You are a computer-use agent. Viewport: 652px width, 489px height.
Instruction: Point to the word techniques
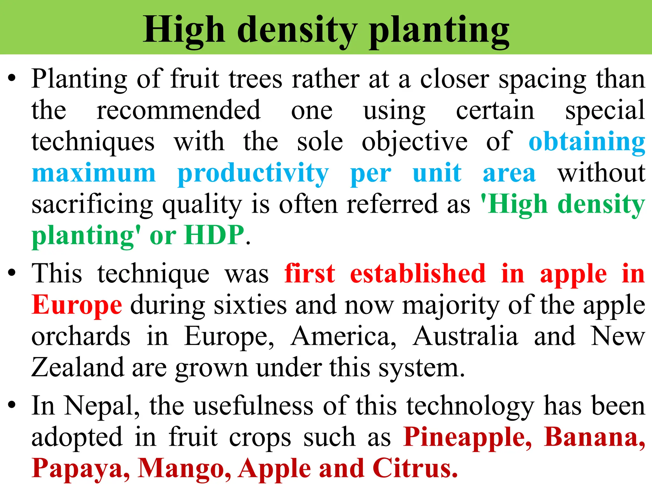coord(93,142)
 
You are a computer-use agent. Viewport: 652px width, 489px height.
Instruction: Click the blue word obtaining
coord(587,142)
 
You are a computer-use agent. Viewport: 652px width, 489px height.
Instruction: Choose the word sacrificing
coord(92,204)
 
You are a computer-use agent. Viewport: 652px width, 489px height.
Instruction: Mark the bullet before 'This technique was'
coord(12,273)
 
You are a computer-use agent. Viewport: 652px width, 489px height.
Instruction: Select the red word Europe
coord(77,305)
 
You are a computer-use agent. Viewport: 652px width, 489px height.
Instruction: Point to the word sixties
coord(250,305)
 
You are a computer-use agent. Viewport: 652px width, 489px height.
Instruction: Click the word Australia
coord(465,336)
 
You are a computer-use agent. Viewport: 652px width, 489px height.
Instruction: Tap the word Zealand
coord(77,367)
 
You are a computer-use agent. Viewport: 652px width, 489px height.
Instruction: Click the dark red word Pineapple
coord(467,437)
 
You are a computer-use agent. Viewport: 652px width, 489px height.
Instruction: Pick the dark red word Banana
coord(594,437)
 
